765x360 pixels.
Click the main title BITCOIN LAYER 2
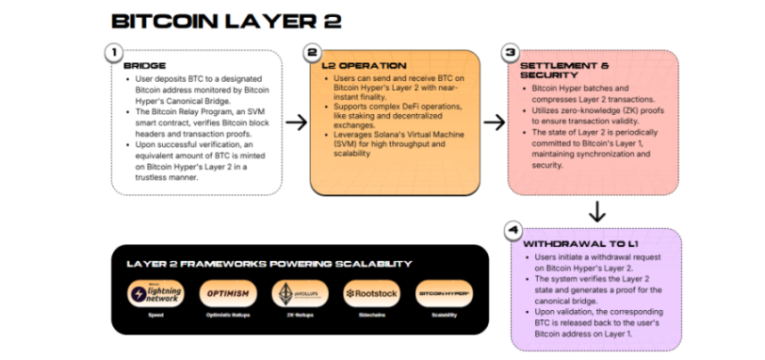pos(225,20)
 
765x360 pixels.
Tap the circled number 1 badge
pos(115,53)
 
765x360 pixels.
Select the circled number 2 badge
pos(313,53)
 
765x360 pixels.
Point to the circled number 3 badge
pos(510,53)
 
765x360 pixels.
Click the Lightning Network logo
pos(156,293)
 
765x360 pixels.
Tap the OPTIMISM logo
pos(227,293)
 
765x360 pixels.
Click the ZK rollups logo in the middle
pos(299,293)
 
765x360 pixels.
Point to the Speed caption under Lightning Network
pos(156,315)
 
